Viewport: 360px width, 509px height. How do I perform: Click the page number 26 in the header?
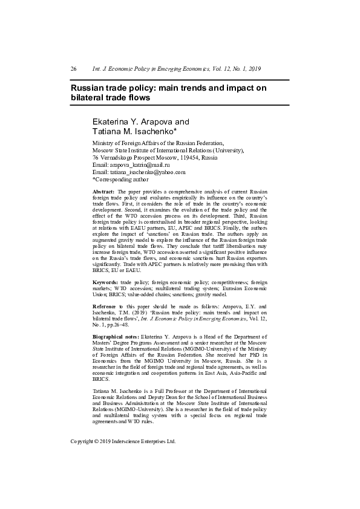click(73, 69)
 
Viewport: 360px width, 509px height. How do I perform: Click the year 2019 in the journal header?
click(254, 69)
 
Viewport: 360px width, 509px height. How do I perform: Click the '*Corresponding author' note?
click(120, 180)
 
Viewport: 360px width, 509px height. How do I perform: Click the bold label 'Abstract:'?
click(103, 192)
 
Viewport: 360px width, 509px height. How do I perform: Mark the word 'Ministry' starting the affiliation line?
click(102, 143)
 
